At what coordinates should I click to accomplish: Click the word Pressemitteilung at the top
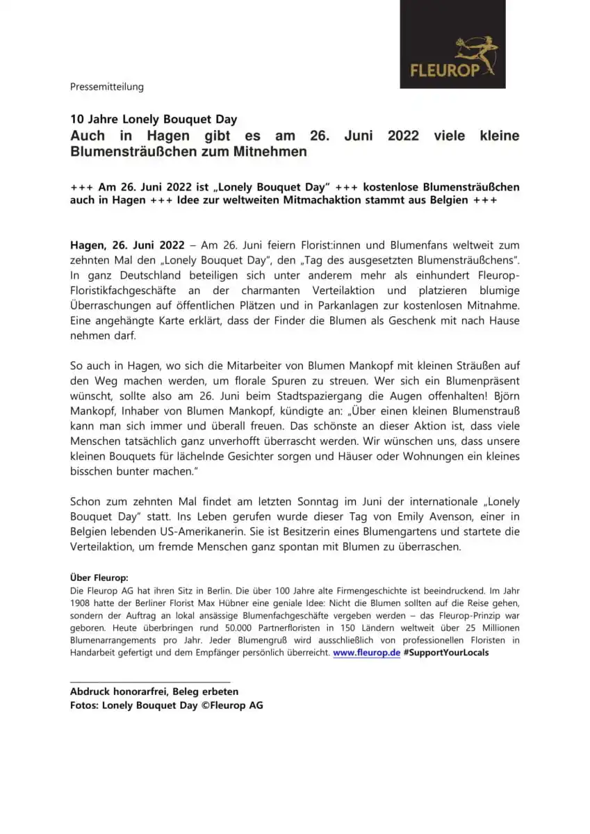[x=106, y=87]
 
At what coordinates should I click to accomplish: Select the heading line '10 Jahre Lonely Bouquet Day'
[x=154, y=120]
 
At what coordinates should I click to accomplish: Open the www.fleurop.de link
[x=366, y=653]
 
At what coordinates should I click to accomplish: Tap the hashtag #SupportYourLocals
[x=445, y=653]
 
